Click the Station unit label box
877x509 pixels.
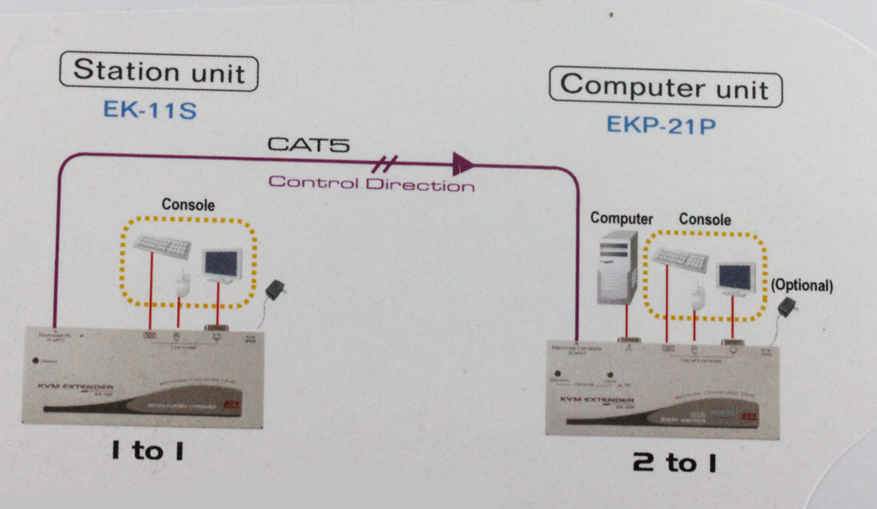click(x=158, y=70)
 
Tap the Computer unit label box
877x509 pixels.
click(x=665, y=87)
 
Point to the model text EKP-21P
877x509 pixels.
click(x=661, y=125)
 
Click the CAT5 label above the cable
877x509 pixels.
click(x=308, y=144)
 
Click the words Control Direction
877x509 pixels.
click(x=370, y=183)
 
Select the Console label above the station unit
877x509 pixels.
click(x=188, y=206)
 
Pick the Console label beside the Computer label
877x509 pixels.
click(x=705, y=220)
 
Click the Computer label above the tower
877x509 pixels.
click(x=622, y=219)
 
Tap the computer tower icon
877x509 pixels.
click(x=617, y=266)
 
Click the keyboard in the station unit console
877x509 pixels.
click(x=162, y=246)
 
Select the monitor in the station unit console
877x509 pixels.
click(x=221, y=264)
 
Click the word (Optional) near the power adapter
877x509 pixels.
click(x=802, y=285)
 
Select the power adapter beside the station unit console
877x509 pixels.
click(x=276, y=290)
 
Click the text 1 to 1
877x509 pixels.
click(x=146, y=452)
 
